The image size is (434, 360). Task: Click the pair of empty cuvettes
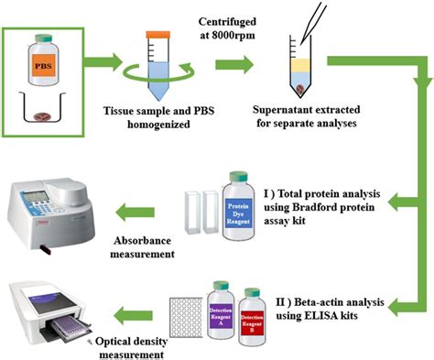tap(204, 212)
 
